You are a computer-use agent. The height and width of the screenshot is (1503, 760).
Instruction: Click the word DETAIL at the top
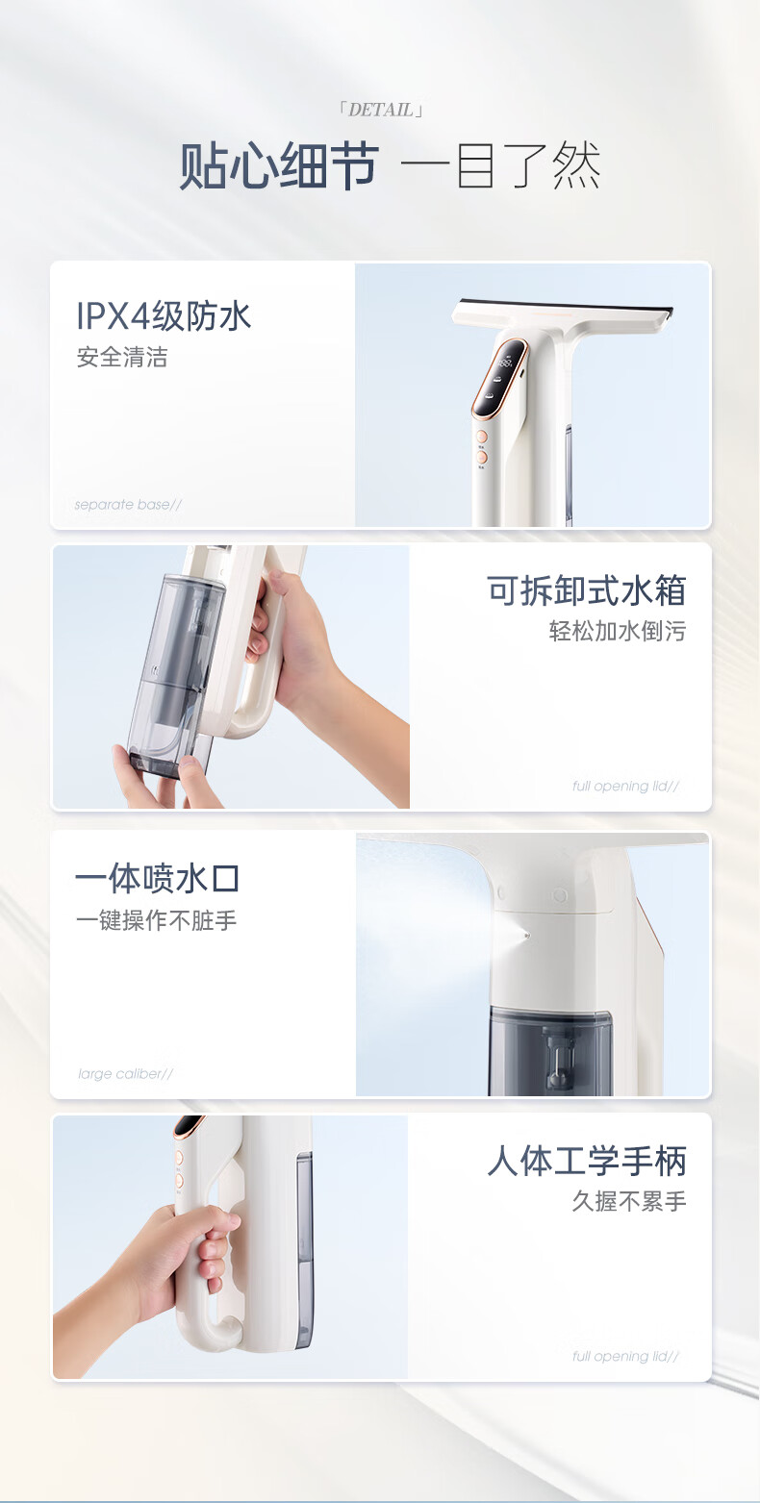click(x=381, y=110)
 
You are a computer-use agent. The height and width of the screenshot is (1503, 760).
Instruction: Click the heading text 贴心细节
click(x=279, y=165)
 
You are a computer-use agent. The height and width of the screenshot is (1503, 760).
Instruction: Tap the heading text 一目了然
click(x=500, y=165)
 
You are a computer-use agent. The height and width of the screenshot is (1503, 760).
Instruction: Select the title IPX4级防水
click(x=164, y=316)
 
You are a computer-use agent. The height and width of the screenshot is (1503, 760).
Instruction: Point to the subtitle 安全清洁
click(x=122, y=357)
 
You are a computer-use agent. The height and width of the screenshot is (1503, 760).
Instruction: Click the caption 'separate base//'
click(x=128, y=505)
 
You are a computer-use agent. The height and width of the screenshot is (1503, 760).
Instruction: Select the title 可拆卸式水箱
click(x=587, y=590)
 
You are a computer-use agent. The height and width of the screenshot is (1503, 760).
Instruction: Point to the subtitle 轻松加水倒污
click(x=618, y=632)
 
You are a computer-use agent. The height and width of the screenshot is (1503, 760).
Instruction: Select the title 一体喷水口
click(x=158, y=878)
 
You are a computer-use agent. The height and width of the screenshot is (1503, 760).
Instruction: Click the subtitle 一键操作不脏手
click(x=157, y=920)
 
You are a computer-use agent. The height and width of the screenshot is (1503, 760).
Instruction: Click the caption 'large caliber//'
click(x=126, y=1073)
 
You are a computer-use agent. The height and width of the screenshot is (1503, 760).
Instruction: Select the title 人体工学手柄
click(x=587, y=1162)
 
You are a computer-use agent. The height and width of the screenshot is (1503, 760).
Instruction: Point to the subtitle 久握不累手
click(x=629, y=1202)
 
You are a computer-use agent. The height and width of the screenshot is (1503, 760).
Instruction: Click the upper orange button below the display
click(x=481, y=437)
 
